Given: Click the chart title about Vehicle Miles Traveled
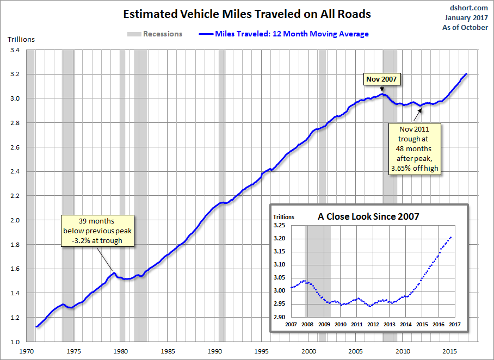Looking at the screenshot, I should click(247, 13).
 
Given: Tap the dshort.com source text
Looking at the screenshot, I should click(470, 8).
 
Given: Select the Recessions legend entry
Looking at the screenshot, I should click(155, 34).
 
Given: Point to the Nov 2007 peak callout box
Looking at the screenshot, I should click(381, 79).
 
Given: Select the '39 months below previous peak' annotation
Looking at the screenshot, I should click(97, 231).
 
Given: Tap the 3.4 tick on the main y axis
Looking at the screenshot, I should click(15, 50).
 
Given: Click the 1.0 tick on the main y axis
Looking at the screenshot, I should click(15, 342).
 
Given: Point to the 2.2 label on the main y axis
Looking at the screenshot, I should click(15, 196).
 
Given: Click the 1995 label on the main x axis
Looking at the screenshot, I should click(262, 351).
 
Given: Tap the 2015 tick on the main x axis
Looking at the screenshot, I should click(450, 351).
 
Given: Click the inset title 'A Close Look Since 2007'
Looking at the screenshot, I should click(368, 216).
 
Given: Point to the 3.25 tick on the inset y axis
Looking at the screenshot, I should click(279, 225).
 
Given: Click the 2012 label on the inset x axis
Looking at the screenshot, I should click(373, 325).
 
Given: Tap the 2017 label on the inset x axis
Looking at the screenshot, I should click(455, 325).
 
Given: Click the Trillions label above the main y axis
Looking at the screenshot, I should click(21, 39).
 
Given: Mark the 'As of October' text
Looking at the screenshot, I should click(465, 27).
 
